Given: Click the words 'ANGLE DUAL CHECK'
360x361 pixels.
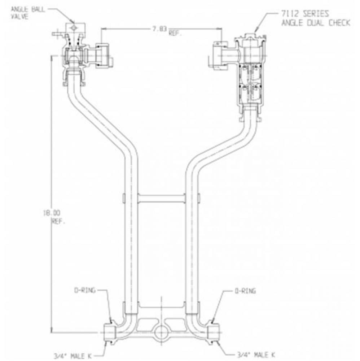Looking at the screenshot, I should (315, 23).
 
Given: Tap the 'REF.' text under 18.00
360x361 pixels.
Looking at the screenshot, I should (59, 222).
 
